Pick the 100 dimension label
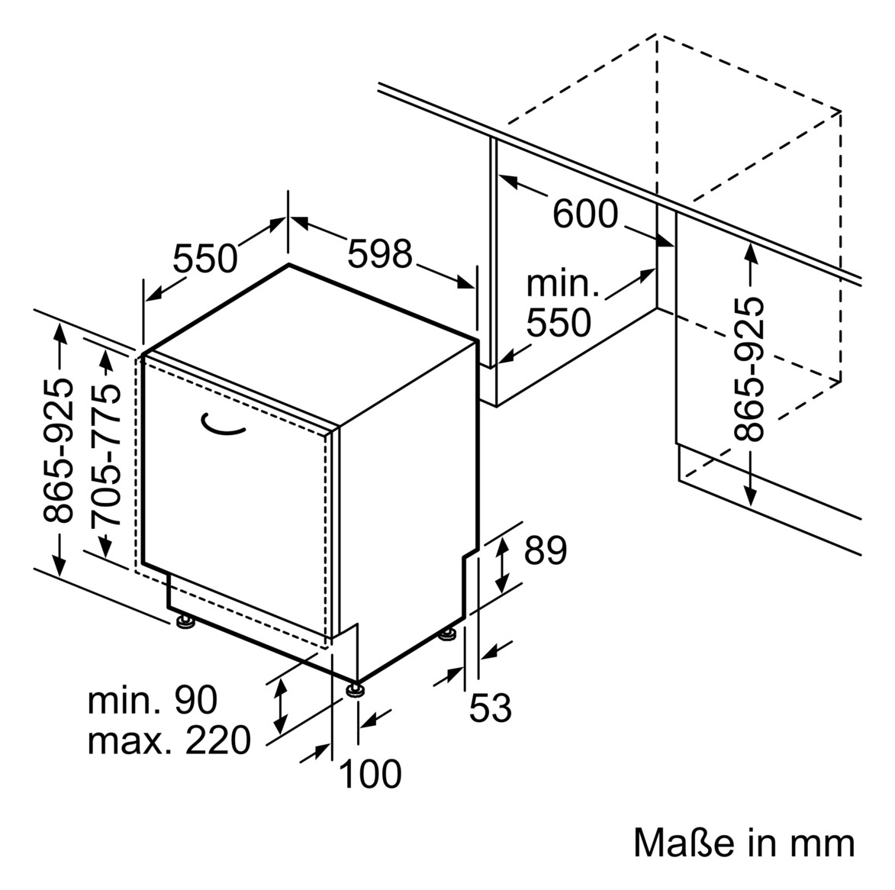click(x=370, y=774)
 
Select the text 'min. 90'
click(x=153, y=700)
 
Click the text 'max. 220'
click(x=169, y=740)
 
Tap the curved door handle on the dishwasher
click(x=223, y=425)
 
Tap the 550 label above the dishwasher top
click(x=204, y=258)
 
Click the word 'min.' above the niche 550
click(x=563, y=284)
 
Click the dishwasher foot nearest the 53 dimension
click(x=449, y=634)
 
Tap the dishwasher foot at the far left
click(x=185, y=621)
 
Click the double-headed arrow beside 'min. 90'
click(x=281, y=705)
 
